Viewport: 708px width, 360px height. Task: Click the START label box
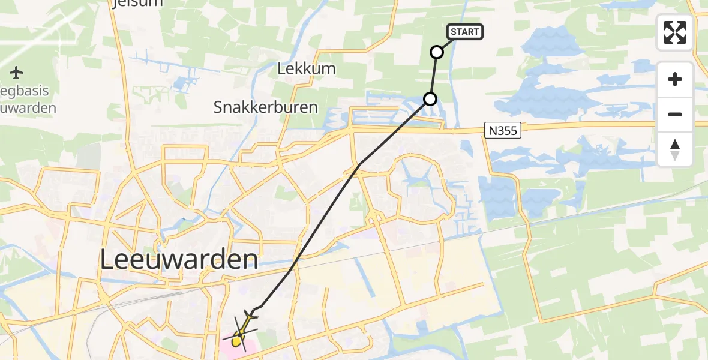(464, 32)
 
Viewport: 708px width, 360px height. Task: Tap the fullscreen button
(675, 32)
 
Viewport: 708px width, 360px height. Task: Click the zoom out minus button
(675, 114)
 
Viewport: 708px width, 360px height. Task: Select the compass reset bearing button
(675, 149)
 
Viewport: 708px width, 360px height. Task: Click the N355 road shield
(503, 130)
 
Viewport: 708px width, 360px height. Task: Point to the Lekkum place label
(307, 69)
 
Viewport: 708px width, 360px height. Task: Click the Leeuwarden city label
(179, 260)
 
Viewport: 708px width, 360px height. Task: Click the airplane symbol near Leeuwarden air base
(16, 73)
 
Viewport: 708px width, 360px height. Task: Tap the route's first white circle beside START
(437, 52)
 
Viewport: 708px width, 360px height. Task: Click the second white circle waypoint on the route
(430, 99)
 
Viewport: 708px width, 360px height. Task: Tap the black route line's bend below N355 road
(359, 164)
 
